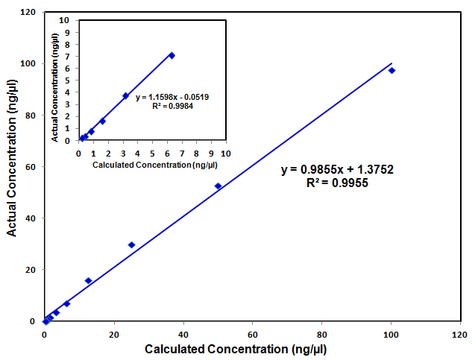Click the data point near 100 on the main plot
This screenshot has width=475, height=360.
(x=391, y=70)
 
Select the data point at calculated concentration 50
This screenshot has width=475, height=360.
(x=218, y=186)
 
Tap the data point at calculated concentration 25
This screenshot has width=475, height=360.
(x=131, y=244)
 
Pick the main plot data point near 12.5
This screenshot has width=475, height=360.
(x=88, y=281)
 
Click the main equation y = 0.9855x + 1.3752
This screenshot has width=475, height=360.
(x=337, y=170)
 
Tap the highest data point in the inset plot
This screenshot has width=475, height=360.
(x=172, y=55)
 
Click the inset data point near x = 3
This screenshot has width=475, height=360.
(x=125, y=95)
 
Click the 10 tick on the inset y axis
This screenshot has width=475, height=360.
(x=66, y=21)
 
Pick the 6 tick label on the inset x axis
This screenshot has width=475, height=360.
(x=167, y=154)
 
